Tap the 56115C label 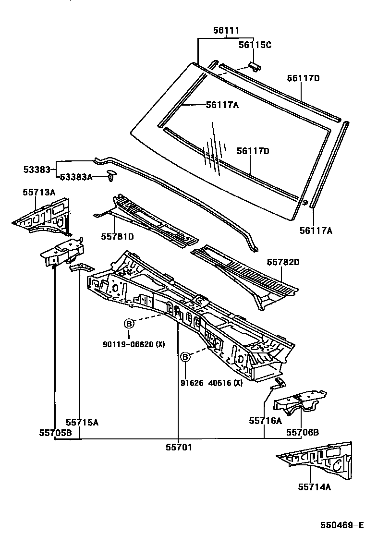(x=255, y=45)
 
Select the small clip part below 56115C (x=255, y=65)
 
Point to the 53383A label (x=76, y=177)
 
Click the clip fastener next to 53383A (x=112, y=176)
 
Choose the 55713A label (x=39, y=192)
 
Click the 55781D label (x=117, y=236)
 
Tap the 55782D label (x=283, y=262)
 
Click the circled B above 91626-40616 (x=185, y=357)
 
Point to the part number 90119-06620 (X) (x=134, y=344)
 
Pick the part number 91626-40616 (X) (x=212, y=383)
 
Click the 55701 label (x=179, y=447)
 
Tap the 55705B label (x=55, y=432)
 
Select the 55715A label (x=82, y=423)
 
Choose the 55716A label (x=265, y=421)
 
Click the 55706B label (x=303, y=432)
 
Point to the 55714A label (x=314, y=487)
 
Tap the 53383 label (x=37, y=169)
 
